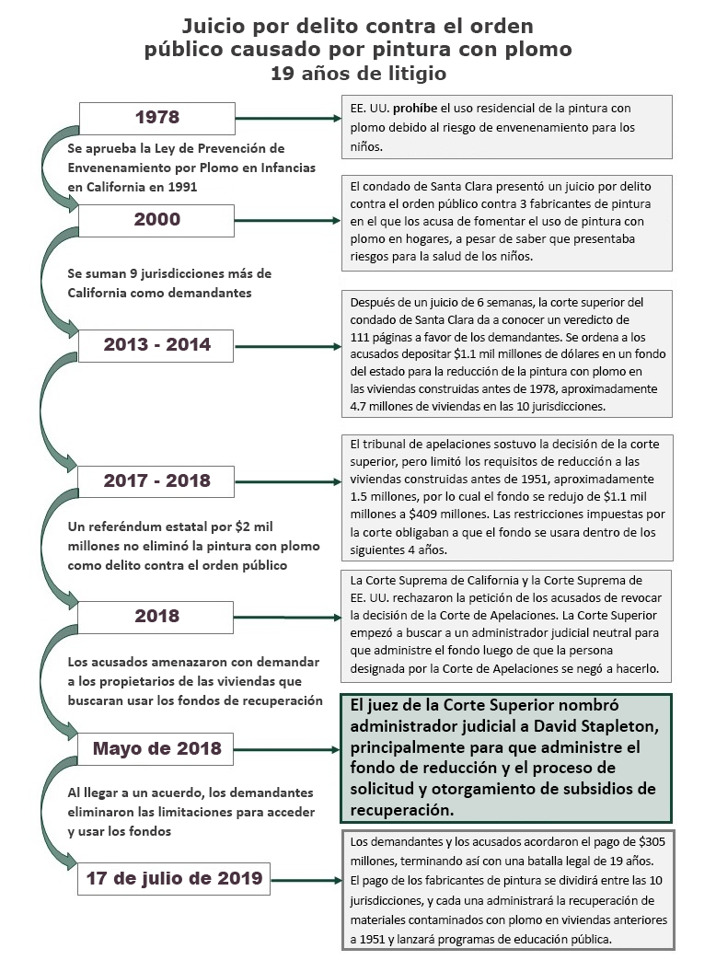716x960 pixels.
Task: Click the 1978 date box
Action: [x=156, y=118]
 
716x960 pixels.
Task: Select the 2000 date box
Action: [x=156, y=220]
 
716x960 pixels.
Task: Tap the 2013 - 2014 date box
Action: [x=156, y=345]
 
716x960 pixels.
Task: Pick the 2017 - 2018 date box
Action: [x=156, y=480]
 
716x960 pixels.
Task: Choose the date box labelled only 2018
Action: [x=156, y=616]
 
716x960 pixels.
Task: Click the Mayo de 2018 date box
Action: [x=156, y=748]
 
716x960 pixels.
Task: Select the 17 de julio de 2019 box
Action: [x=174, y=878]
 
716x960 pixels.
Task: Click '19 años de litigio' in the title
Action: [x=356, y=72]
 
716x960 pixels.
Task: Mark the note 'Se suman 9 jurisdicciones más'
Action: [x=170, y=273]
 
